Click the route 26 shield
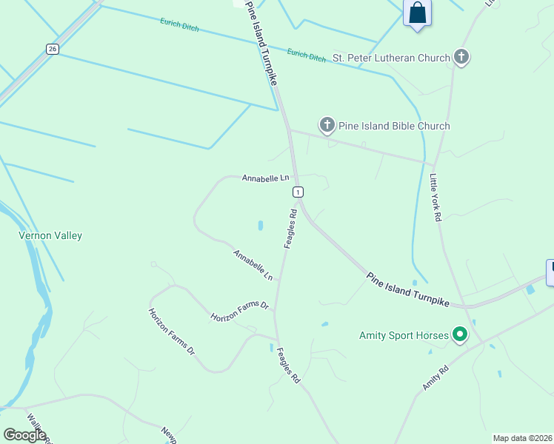(51, 49)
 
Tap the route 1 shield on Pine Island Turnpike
(298, 192)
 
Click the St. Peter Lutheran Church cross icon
(461, 57)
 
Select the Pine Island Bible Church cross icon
(327, 125)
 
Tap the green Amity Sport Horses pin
(460, 335)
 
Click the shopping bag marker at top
(418, 13)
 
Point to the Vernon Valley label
(50, 235)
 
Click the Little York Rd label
(435, 198)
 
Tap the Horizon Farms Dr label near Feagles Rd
(239, 311)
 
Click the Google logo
(24, 434)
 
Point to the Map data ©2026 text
(522, 438)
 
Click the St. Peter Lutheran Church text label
(391, 58)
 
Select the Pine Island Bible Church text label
(394, 126)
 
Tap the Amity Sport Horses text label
(404, 335)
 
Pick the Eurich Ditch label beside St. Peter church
(306, 55)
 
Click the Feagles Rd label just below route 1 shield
(290, 229)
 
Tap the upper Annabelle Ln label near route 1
(264, 178)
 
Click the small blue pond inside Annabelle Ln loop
(260, 225)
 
